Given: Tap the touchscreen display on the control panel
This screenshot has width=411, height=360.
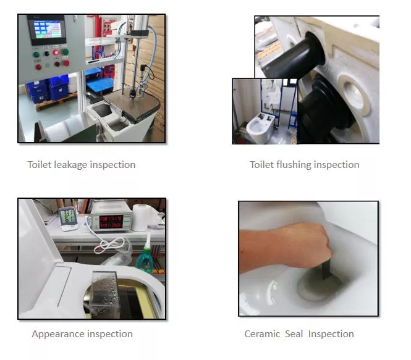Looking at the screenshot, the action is (48, 29).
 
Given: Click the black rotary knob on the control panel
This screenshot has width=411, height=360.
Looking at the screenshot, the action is (47, 54).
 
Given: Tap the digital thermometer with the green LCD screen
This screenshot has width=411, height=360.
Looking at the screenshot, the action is (69, 219).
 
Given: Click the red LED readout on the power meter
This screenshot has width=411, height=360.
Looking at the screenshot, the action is (111, 222).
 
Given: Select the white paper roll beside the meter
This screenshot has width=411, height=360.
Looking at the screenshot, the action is (140, 217).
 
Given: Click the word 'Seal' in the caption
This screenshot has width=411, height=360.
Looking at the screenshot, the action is (294, 334).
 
